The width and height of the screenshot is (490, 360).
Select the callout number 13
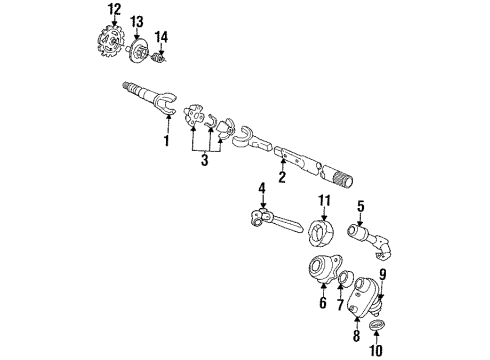click(137, 22)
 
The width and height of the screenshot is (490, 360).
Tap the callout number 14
click(161, 37)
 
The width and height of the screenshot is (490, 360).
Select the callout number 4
click(262, 186)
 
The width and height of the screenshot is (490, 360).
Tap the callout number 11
click(323, 201)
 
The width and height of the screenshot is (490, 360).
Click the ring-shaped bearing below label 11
click(322, 234)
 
